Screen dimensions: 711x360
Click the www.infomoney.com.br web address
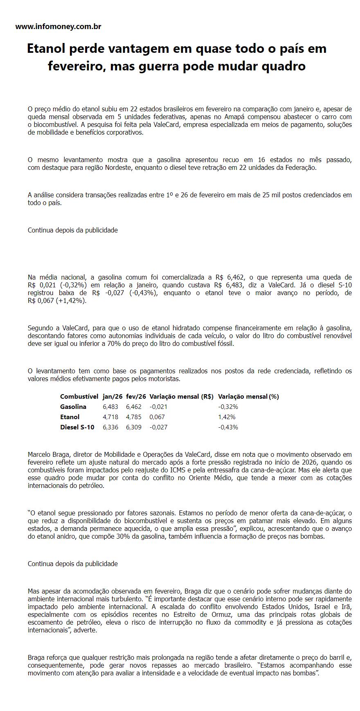point(58,27)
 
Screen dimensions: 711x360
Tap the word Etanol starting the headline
point(46,48)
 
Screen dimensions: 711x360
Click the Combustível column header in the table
point(79,396)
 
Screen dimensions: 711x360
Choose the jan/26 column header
point(112,396)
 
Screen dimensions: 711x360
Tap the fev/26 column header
point(136,396)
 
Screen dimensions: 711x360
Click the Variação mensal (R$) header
point(181,396)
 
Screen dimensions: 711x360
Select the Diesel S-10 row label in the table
point(77,427)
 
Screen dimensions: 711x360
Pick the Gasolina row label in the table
point(73,406)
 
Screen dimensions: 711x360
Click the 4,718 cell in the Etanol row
point(110,417)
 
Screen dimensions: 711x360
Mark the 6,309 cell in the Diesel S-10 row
point(134,427)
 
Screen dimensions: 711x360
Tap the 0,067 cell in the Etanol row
point(157,417)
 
